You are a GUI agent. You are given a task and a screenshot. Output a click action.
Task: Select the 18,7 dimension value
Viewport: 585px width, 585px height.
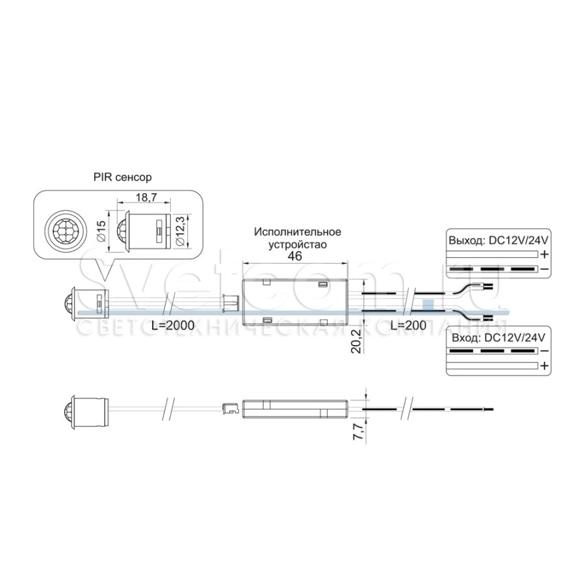pyautogui.click(x=146, y=197)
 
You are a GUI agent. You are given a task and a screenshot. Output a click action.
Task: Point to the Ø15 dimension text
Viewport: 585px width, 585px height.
pyautogui.click(x=101, y=231)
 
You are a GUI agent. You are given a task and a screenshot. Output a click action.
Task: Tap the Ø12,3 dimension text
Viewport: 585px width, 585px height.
pyautogui.click(x=180, y=231)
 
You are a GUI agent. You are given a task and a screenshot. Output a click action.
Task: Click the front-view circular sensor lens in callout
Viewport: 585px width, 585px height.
pyautogui.click(x=62, y=231)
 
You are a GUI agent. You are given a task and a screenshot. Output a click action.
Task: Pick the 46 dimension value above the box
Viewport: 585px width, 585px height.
pyautogui.click(x=294, y=256)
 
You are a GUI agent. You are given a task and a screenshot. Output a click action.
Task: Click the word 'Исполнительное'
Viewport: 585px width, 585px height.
pyautogui.click(x=298, y=231)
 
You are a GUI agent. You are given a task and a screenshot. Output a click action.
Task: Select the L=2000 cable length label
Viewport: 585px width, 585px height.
pyautogui.click(x=173, y=326)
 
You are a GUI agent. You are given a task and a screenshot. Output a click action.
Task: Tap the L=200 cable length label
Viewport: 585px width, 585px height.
pyautogui.click(x=409, y=326)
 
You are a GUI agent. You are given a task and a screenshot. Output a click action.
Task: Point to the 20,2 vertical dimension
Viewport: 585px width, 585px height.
pyautogui.click(x=357, y=341)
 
